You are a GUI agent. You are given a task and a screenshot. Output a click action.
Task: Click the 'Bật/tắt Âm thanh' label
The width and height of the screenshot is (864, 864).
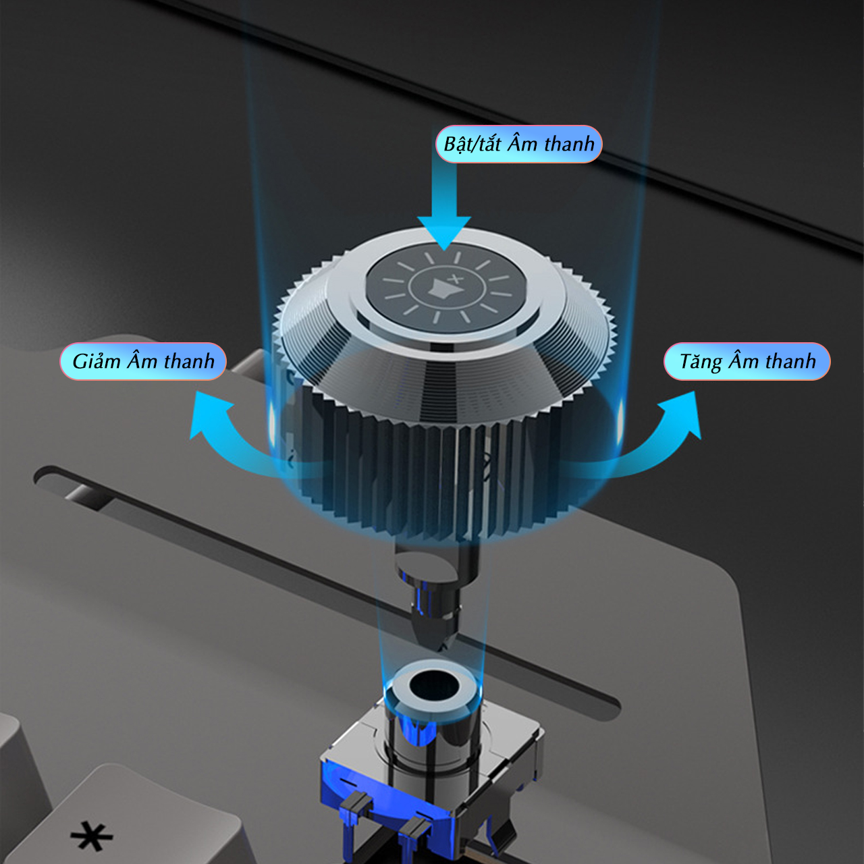point(519,144)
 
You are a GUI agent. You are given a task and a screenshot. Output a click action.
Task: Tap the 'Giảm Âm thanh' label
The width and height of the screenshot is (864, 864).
point(143,361)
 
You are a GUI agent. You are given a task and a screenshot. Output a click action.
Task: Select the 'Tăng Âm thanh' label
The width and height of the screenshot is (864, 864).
point(747,361)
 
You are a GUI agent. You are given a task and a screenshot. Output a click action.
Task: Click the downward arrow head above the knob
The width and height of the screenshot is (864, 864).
point(444,233)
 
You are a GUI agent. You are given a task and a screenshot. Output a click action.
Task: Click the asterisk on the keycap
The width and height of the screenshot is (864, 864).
point(92,836)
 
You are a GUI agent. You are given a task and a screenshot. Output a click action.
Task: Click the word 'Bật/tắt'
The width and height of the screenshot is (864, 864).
point(472,144)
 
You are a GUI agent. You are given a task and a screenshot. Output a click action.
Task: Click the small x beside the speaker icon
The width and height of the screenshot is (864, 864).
point(456,279)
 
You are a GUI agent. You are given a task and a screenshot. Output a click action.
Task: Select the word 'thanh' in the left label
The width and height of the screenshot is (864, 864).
point(189,361)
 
